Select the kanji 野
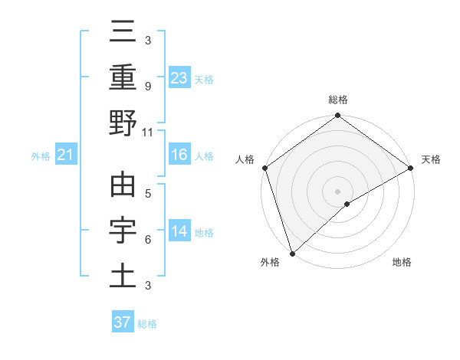(123, 122)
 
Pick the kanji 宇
(123, 230)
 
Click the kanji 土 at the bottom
(123, 276)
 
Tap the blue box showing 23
(179, 77)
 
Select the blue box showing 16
(179, 155)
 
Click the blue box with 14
(179, 231)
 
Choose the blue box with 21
(65, 155)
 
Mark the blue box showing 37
(122, 322)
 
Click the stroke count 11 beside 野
(148, 132)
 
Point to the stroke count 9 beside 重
(147, 86)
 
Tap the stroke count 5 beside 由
(147, 193)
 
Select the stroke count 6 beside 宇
(147, 240)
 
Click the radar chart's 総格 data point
(338, 116)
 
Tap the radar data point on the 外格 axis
(292, 254)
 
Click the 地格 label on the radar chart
(402, 263)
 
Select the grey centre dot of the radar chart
(338, 191)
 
